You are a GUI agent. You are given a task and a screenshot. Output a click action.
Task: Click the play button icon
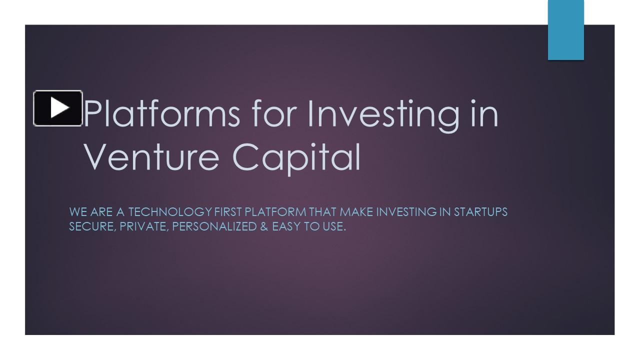click(x=58, y=108)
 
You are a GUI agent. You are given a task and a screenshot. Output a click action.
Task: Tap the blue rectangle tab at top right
click(x=565, y=30)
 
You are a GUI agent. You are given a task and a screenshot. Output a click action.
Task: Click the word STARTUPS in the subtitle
click(x=480, y=212)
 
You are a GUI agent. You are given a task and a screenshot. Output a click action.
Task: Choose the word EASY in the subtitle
click(x=287, y=226)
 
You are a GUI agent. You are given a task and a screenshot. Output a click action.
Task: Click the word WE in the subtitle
click(x=78, y=212)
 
